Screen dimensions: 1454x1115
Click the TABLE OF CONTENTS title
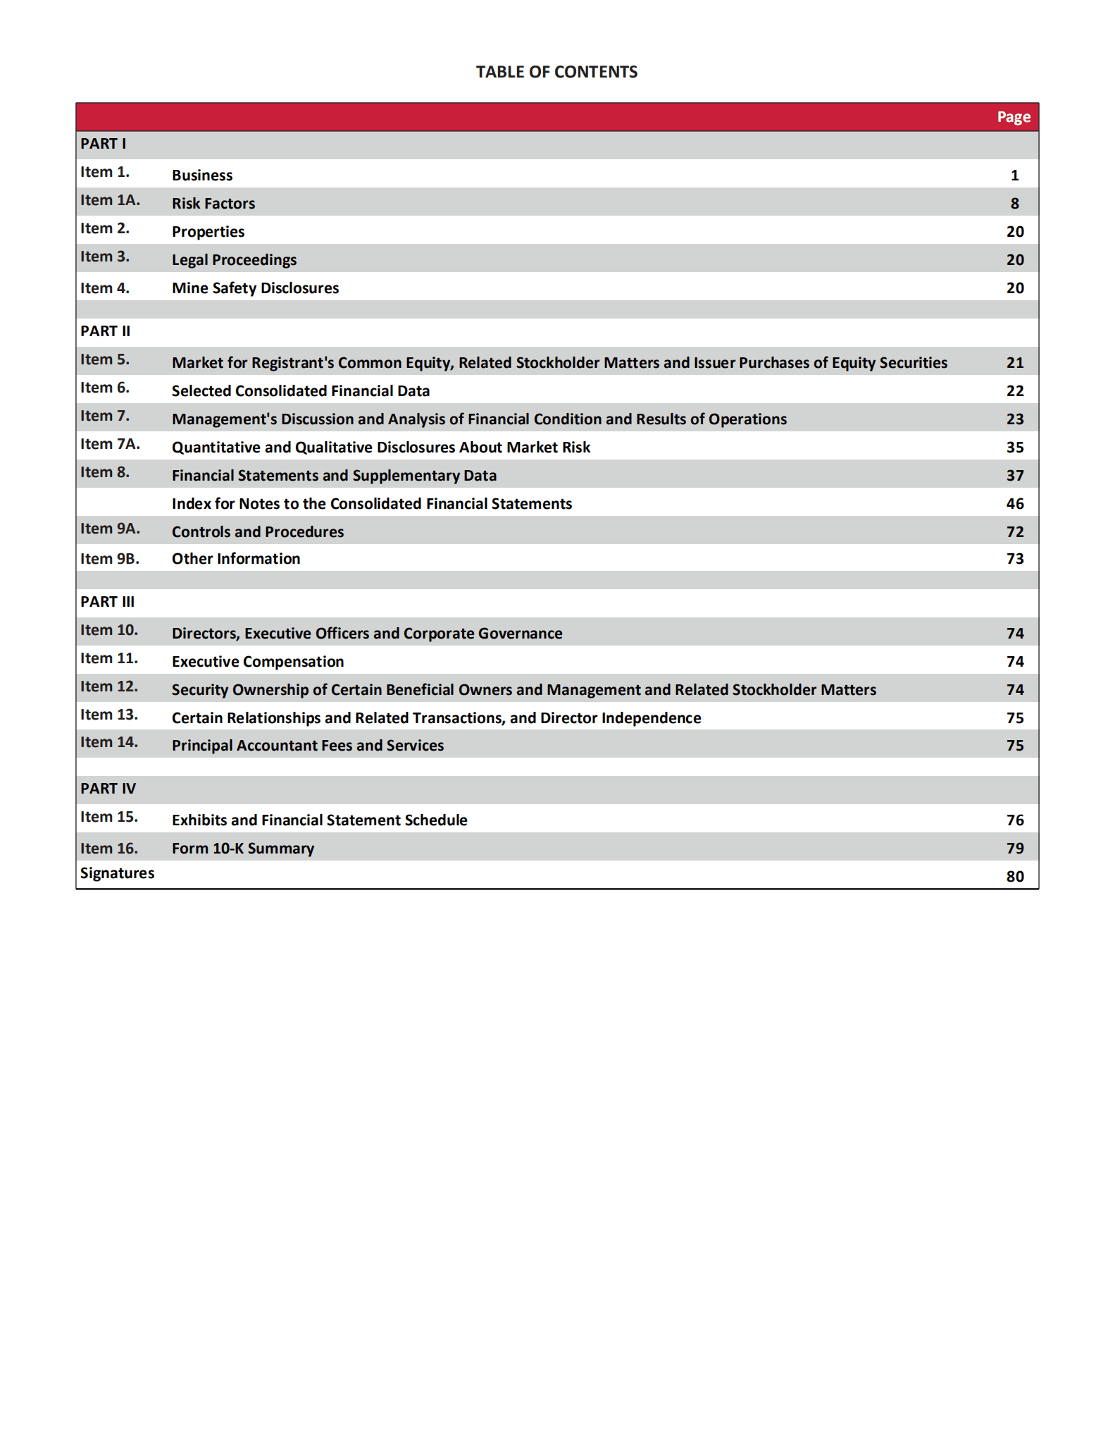(556, 72)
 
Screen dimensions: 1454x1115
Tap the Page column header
(1013, 117)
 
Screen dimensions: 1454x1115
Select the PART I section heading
(104, 144)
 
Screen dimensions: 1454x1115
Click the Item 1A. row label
(110, 200)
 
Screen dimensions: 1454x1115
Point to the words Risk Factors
(213, 204)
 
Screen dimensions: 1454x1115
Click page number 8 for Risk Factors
(1014, 204)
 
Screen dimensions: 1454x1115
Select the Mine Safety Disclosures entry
(255, 288)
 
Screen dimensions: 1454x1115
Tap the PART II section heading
(106, 331)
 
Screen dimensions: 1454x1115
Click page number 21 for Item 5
(1014, 363)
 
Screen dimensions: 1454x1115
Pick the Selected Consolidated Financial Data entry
(301, 391)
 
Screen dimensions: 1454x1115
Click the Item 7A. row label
(110, 444)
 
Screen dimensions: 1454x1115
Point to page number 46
(1014, 504)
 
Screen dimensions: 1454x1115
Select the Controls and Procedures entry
(258, 532)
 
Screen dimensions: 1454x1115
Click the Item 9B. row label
(110, 559)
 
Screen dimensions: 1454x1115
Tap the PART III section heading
(108, 602)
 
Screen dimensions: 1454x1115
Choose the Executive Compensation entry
(258, 662)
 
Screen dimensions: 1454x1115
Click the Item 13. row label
(109, 715)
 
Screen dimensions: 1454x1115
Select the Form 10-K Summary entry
(243, 849)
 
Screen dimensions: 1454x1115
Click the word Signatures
(117, 873)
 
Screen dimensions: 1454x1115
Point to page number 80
(1014, 877)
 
